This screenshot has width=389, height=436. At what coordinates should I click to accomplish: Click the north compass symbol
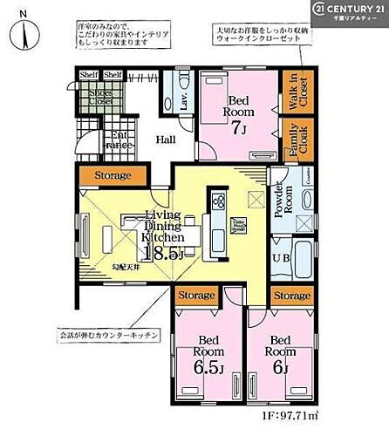click(x=27, y=32)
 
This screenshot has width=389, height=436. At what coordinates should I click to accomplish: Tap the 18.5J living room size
click(x=163, y=253)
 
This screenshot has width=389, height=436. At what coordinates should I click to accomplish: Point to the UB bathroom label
click(x=281, y=259)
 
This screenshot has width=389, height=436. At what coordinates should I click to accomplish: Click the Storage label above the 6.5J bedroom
click(x=197, y=296)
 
